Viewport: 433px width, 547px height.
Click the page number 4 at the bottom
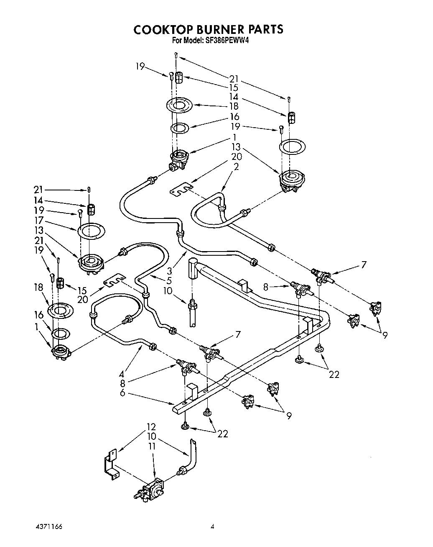[x=213, y=526]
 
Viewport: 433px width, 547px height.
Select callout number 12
[x=151, y=427]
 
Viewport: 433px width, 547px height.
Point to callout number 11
[x=151, y=446]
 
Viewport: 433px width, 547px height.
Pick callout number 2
[x=237, y=166]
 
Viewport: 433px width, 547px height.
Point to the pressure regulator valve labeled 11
[x=153, y=488]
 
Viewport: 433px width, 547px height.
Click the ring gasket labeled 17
[x=91, y=231]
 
